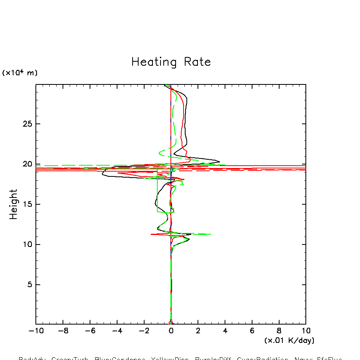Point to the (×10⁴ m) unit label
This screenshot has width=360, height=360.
point(20,73)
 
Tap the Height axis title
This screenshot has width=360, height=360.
point(14,204)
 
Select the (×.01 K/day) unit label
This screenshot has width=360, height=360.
point(289,340)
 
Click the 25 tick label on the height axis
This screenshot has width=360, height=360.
point(27,124)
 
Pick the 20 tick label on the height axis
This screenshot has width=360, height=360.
point(27,164)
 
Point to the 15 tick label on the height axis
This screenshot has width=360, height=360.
point(27,204)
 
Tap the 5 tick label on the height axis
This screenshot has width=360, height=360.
point(29,284)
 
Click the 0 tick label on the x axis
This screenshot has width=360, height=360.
point(171,331)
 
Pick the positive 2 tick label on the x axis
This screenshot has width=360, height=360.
point(198,331)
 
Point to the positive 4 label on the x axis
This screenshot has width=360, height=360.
point(225,331)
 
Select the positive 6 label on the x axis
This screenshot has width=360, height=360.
point(252,331)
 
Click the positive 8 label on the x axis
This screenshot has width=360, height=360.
point(279,331)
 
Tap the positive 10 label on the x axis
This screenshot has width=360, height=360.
point(305,331)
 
